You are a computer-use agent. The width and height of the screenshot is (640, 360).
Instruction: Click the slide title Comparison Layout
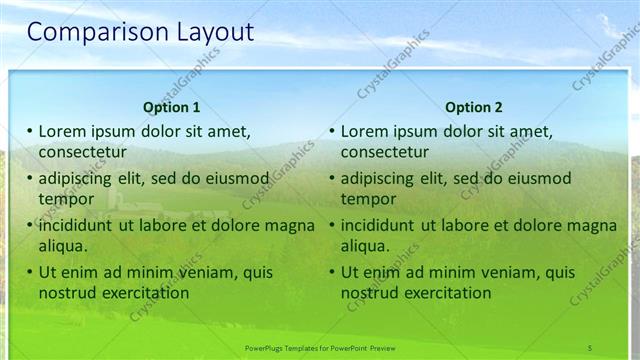[140, 33]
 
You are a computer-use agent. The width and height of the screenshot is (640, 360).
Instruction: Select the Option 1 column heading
[172, 107]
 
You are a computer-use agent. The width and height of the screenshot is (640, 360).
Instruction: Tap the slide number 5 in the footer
[590, 347]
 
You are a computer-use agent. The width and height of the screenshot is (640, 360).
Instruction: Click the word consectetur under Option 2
[384, 152]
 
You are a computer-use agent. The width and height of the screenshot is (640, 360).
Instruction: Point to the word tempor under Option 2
[368, 199]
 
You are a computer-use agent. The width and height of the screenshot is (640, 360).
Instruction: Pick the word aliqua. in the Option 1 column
[64, 246]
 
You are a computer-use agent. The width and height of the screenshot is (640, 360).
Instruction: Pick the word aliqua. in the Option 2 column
[366, 246]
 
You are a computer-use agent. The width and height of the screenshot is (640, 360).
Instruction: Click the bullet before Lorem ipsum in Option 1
[30, 131]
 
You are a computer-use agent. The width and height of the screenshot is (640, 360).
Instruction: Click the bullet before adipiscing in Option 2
[332, 178]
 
